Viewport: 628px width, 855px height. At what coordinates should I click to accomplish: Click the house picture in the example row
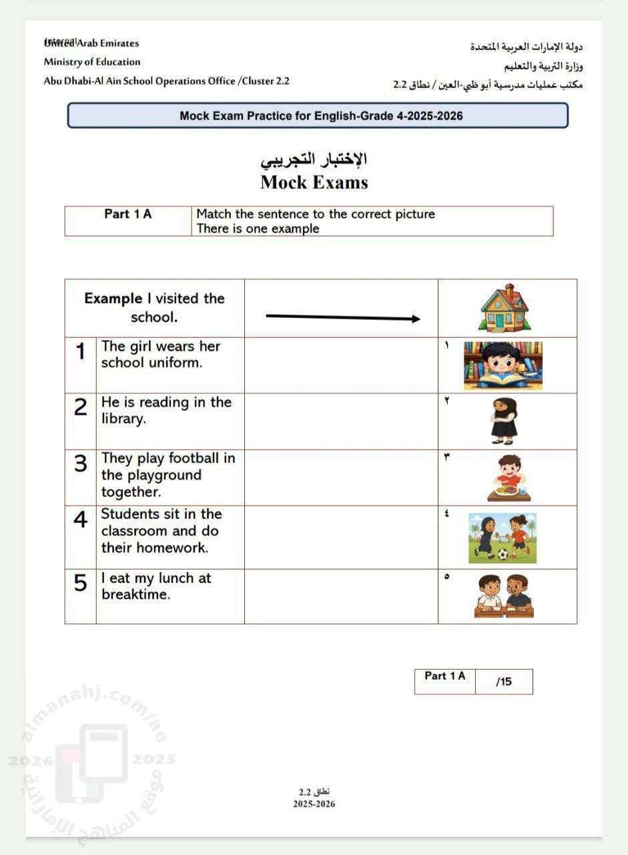click(x=505, y=308)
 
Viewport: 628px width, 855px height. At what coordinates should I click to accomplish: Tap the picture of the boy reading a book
click(x=503, y=365)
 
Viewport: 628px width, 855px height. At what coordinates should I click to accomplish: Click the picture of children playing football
click(x=502, y=537)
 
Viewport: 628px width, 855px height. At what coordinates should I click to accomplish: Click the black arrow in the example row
click(x=343, y=317)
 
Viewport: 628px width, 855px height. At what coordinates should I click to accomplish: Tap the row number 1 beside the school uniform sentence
click(x=81, y=352)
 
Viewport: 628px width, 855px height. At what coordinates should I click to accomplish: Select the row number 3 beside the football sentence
click(x=81, y=464)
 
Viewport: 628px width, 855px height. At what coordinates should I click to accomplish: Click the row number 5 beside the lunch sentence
click(x=81, y=584)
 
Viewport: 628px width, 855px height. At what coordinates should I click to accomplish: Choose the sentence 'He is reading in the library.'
click(x=166, y=411)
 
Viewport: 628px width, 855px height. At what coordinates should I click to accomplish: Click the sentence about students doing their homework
click(x=160, y=531)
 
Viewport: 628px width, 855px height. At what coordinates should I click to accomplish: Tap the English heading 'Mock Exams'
click(x=314, y=182)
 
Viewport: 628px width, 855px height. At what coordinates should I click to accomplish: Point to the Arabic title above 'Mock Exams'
click(x=314, y=160)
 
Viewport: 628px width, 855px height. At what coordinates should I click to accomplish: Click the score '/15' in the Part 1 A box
click(x=504, y=682)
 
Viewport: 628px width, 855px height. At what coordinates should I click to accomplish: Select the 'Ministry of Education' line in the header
click(x=92, y=62)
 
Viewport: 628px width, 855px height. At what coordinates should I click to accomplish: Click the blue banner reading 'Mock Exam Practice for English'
click(x=318, y=116)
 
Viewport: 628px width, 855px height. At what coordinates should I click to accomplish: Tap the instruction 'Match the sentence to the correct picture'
click(x=316, y=214)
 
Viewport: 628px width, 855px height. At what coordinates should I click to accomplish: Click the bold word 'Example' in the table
click(x=113, y=299)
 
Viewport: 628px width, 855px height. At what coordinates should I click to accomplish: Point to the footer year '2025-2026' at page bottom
click(x=314, y=804)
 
